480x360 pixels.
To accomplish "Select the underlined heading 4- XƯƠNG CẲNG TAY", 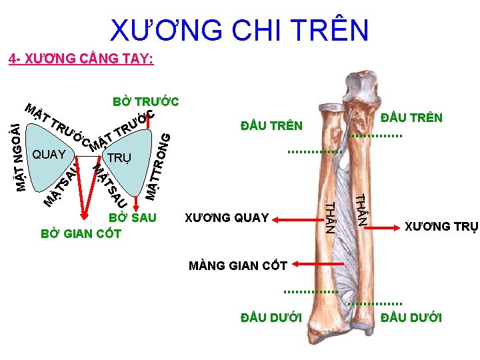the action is pyautogui.click(x=81, y=60).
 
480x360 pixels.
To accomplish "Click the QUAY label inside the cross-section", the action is pyautogui.click(x=49, y=155).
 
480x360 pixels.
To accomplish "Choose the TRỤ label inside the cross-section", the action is pyautogui.click(x=120, y=158).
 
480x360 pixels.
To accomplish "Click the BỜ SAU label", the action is pyautogui.click(x=133, y=218).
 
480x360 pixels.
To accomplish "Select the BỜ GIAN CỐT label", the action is pyautogui.click(x=81, y=233).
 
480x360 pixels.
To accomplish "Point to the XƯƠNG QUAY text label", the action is pyautogui.click(x=227, y=217).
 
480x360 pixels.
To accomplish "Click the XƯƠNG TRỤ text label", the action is pyautogui.click(x=441, y=227).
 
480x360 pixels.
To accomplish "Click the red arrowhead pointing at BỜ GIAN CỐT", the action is pyautogui.click(x=84, y=215).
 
